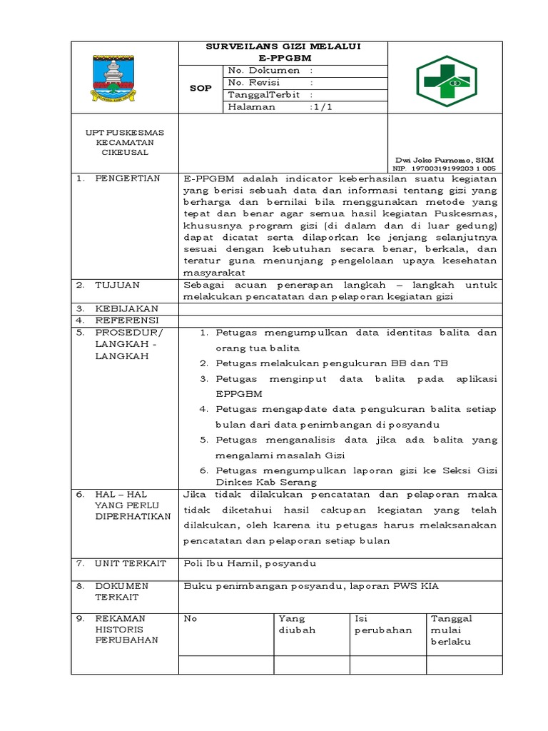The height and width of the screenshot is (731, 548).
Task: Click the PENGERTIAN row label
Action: coord(128,178)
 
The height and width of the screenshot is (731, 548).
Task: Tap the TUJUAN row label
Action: coord(118,284)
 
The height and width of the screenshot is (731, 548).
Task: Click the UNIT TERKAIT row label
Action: coord(131,563)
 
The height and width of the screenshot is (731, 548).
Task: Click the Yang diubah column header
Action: coord(297,625)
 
